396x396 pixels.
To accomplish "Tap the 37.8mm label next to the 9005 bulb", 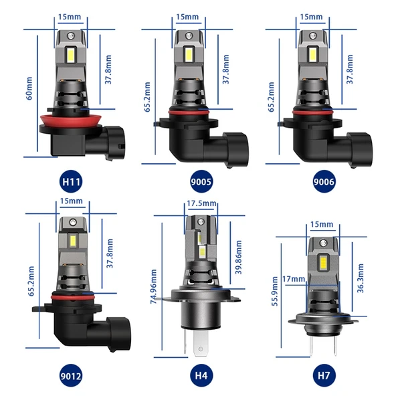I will click(226, 69).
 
